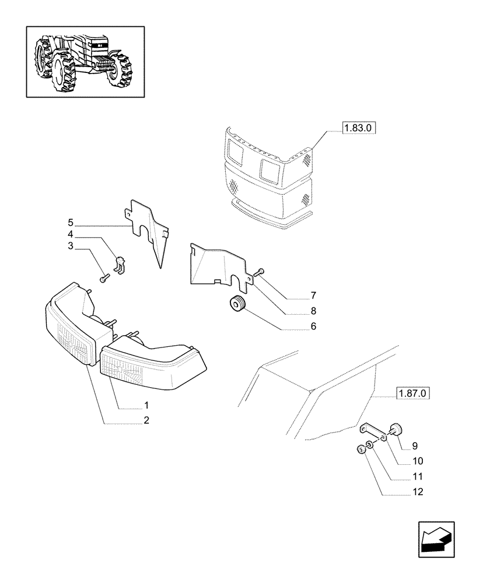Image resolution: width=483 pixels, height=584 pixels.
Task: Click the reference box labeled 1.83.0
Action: [359, 127]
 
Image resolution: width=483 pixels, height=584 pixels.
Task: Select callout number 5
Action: [71, 222]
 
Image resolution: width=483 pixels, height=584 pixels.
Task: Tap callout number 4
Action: [71, 234]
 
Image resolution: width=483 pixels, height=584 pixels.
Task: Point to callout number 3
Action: [71, 246]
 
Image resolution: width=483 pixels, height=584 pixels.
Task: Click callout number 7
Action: [313, 296]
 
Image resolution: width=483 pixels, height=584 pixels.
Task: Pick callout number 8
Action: [313, 311]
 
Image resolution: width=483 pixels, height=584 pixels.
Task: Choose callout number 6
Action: [313, 326]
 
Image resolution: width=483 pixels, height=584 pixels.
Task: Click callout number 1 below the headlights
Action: [146, 405]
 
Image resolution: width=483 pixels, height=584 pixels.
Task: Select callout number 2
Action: [146, 420]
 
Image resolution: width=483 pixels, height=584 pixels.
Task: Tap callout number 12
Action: [416, 492]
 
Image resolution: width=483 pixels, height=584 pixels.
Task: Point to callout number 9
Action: [415, 446]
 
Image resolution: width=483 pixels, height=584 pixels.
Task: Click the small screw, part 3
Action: [104, 279]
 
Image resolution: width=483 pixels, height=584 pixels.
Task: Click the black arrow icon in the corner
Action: [435, 539]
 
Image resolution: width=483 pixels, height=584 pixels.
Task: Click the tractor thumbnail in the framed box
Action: [85, 61]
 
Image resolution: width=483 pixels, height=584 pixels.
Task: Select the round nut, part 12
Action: [360, 450]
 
